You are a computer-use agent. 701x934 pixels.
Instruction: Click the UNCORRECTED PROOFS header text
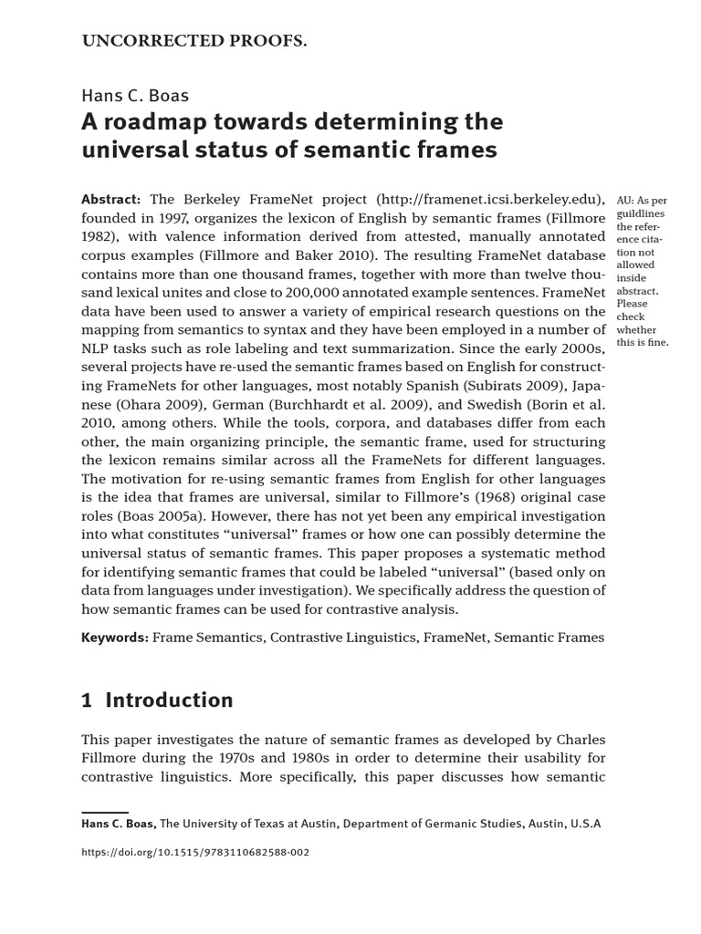[194, 41]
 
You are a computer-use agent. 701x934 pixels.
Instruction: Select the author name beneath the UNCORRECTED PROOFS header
[135, 96]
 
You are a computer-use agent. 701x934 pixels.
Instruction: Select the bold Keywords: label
[115, 638]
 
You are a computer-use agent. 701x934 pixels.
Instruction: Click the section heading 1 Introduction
[157, 700]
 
